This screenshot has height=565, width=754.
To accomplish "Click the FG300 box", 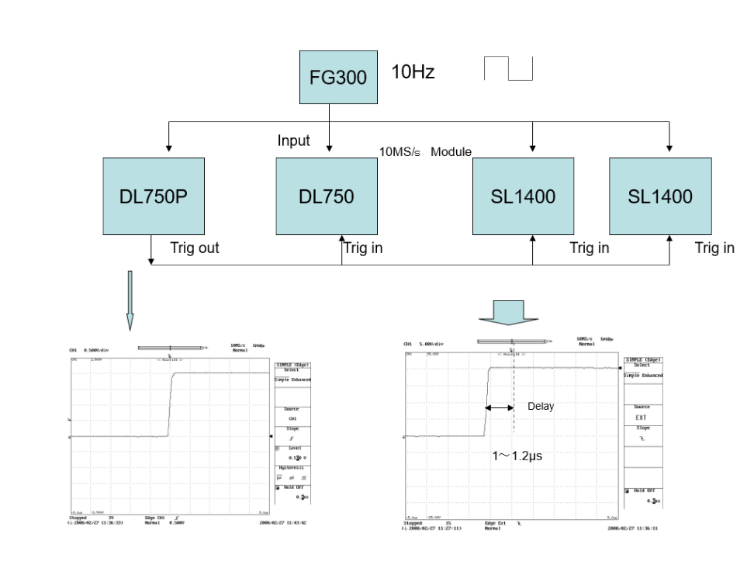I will pos(339,78).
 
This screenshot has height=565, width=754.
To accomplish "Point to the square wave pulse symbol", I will pos(509,68).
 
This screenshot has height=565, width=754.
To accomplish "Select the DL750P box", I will pos(154,196).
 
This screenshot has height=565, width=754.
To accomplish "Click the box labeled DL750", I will pos(327,196).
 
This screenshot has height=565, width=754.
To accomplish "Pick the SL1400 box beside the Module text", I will pos(523,196).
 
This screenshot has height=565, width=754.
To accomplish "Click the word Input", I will pos(293,140).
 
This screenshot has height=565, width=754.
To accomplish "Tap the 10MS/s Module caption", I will pos(425,151).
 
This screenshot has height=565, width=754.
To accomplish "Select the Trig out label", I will pos(194,248).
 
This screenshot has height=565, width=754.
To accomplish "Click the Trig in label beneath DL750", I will pos(363,248).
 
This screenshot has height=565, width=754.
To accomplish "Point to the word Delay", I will pos(541,407).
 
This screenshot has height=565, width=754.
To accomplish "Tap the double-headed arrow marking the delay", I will pos(500,407).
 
